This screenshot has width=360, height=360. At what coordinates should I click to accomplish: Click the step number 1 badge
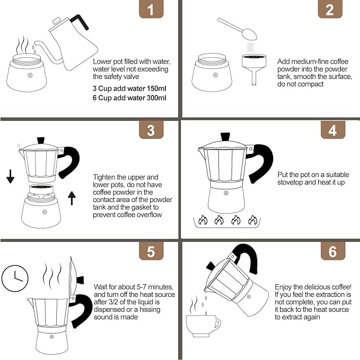click(x=151, y=10)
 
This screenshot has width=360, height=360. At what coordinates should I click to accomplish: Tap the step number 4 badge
click(x=332, y=130)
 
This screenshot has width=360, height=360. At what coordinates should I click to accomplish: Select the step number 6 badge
click(x=332, y=251)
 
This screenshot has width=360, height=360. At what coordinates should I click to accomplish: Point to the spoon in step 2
click(x=236, y=29)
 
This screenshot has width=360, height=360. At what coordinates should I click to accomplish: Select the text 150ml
click(x=154, y=88)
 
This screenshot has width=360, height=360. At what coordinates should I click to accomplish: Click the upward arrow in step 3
click(x=72, y=198)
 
